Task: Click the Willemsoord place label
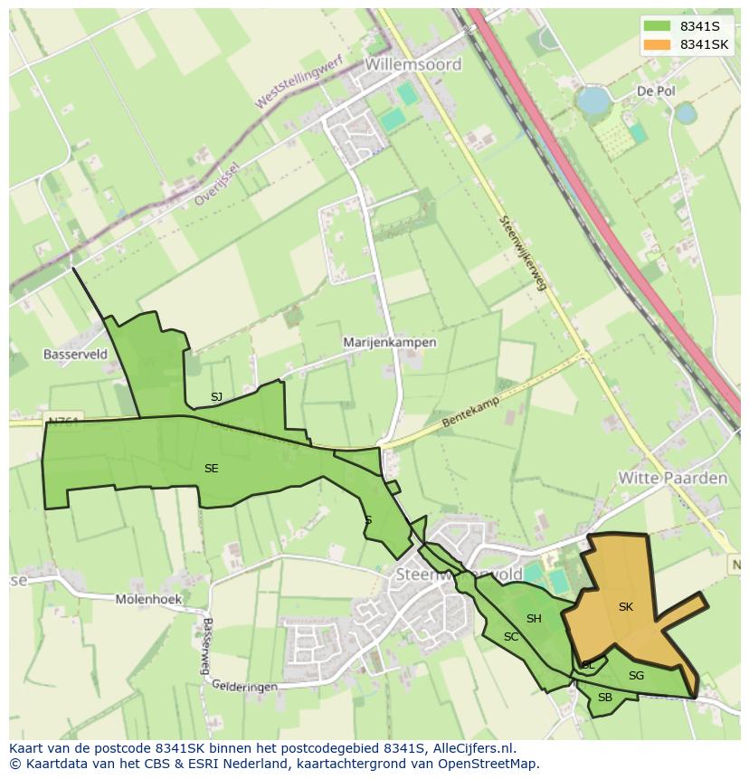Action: (x=413, y=64)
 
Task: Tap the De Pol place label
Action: (x=656, y=91)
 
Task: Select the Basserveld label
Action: (x=75, y=355)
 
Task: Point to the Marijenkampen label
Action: (x=390, y=343)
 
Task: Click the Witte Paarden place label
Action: (x=672, y=478)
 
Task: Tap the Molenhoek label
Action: (x=148, y=599)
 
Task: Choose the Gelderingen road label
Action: (x=245, y=687)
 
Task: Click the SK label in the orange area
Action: (x=626, y=607)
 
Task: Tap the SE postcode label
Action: (x=211, y=469)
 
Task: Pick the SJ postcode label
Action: (x=216, y=397)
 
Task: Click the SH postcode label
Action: (x=534, y=619)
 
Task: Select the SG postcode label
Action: (x=636, y=675)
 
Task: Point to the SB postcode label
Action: (x=605, y=698)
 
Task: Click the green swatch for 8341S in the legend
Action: (x=658, y=26)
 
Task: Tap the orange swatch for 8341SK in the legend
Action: (x=658, y=44)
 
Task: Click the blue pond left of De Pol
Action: (x=593, y=100)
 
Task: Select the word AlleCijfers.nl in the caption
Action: (x=472, y=748)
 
